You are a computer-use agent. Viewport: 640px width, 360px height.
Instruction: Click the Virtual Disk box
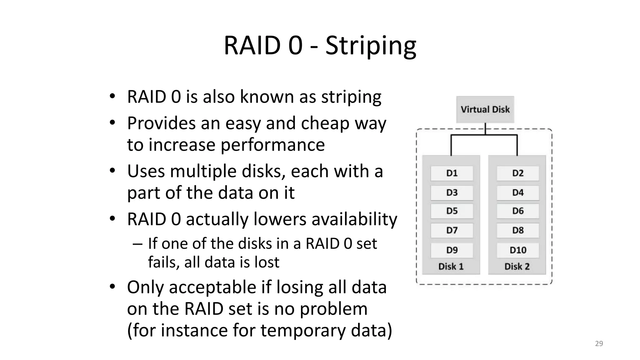(485, 109)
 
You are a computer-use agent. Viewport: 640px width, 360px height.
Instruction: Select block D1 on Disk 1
(452, 173)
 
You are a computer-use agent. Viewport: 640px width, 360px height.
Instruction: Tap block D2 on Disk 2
(518, 173)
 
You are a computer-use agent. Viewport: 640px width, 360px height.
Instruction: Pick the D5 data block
(452, 211)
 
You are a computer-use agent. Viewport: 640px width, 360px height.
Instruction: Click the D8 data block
(518, 230)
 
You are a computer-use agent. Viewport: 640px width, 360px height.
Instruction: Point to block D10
(518, 250)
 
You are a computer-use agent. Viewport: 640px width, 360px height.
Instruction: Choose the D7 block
(452, 230)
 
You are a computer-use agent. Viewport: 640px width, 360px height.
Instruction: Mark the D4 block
(518, 192)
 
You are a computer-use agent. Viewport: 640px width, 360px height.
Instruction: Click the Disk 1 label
(451, 267)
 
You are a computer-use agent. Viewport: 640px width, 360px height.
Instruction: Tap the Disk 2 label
(517, 267)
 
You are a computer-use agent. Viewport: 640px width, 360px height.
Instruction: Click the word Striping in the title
(371, 46)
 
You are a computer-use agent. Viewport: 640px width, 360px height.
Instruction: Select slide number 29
(599, 344)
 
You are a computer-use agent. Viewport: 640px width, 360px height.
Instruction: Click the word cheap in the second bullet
(325, 123)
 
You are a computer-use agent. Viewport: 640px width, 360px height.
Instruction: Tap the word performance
(272, 145)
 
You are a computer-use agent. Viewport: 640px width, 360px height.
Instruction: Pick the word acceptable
(212, 287)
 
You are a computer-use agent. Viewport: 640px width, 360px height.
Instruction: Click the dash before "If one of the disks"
(137, 244)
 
